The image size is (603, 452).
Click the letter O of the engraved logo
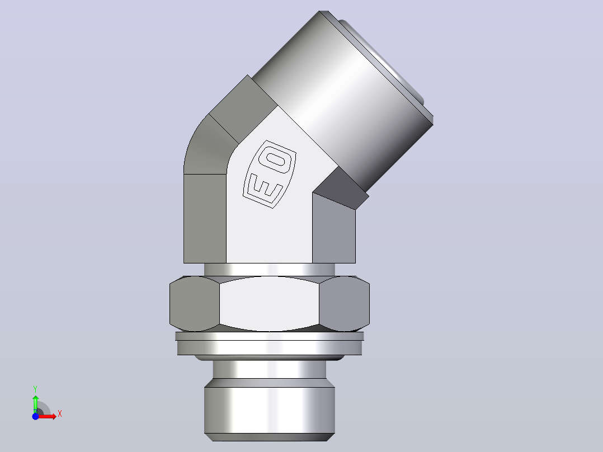275,159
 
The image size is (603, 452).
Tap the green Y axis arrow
35,404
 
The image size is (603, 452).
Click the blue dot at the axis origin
35,416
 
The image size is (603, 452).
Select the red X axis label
60,414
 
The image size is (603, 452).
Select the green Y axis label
35,389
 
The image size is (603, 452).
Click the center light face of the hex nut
269,304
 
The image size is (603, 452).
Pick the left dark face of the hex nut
195,304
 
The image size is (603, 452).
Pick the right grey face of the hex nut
344,304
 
